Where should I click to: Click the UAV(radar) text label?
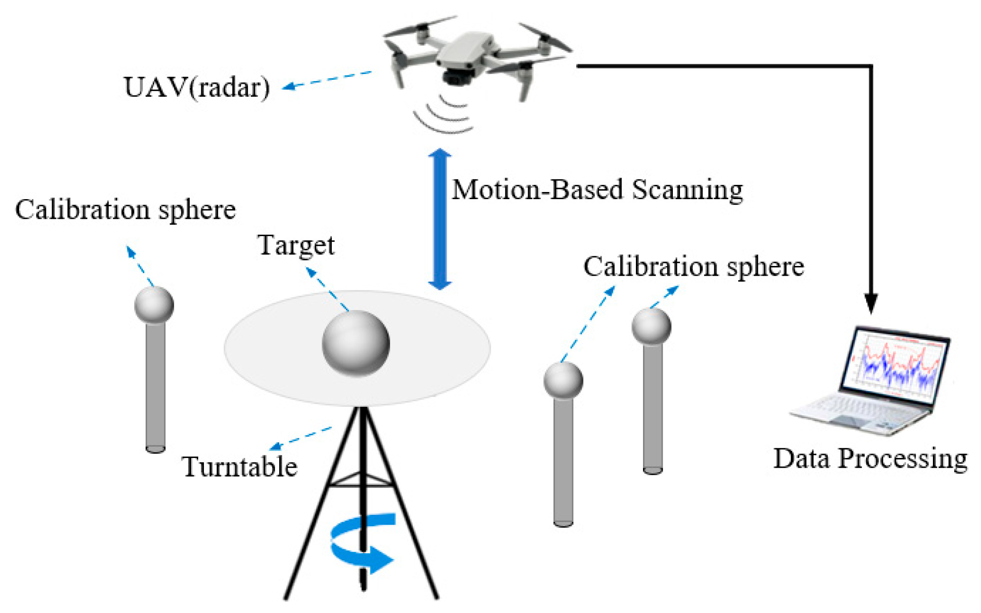point(196,87)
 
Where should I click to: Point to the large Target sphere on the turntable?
point(356,343)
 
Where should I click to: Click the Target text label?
point(296,245)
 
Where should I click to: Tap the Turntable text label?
point(240,467)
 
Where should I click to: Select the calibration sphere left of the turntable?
point(154,305)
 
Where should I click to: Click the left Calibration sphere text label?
point(125,209)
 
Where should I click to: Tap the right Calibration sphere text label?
point(693,267)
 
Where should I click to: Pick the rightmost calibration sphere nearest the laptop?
point(651,327)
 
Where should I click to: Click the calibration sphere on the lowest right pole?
point(563,380)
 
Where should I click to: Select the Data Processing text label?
point(870,458)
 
